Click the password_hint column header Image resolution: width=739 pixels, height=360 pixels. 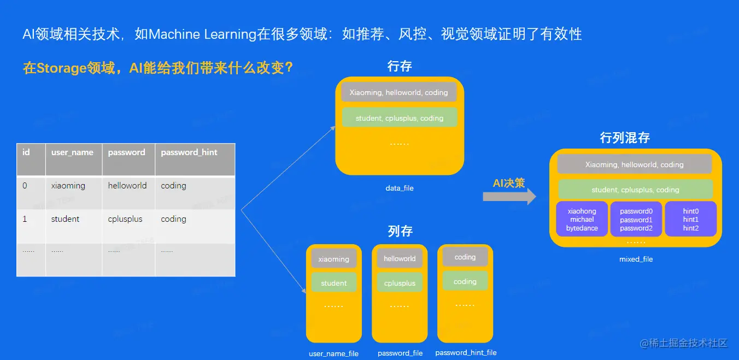[189, 152]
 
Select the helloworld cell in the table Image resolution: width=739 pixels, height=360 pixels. [127, 186]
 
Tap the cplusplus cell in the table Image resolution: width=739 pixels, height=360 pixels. [125, 219]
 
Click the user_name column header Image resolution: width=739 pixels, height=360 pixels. [72, 152]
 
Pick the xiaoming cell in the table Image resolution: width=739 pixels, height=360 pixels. [68, 186]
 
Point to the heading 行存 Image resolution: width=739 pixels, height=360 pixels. [400, 67]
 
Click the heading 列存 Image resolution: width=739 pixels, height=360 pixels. [400, 231]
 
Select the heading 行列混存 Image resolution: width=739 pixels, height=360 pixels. [625, 138]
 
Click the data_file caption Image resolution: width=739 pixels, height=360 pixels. [400, 188]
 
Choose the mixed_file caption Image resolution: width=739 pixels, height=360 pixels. [636, 259]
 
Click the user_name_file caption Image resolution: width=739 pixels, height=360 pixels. [333, 354]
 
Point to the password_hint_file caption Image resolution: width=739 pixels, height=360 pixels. [466, 353]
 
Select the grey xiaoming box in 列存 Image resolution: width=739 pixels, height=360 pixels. [333, 259]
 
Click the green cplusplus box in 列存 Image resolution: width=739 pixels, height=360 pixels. [400, 283]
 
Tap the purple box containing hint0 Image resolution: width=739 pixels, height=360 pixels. [690, 220]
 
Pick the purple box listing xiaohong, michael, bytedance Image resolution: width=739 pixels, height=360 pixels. [582, 220]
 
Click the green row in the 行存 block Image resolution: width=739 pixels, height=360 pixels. [399, 118]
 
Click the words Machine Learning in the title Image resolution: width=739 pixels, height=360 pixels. [202, 34]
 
